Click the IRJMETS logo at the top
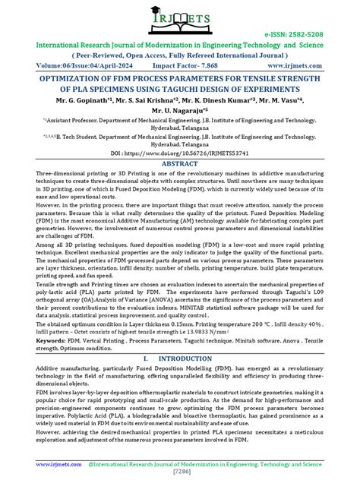[x=181, y=17]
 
